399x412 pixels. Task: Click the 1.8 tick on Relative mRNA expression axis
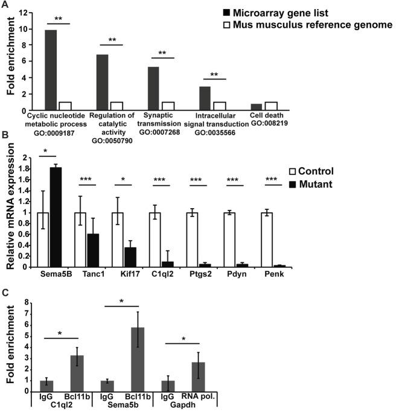click(x=26, y=169)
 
